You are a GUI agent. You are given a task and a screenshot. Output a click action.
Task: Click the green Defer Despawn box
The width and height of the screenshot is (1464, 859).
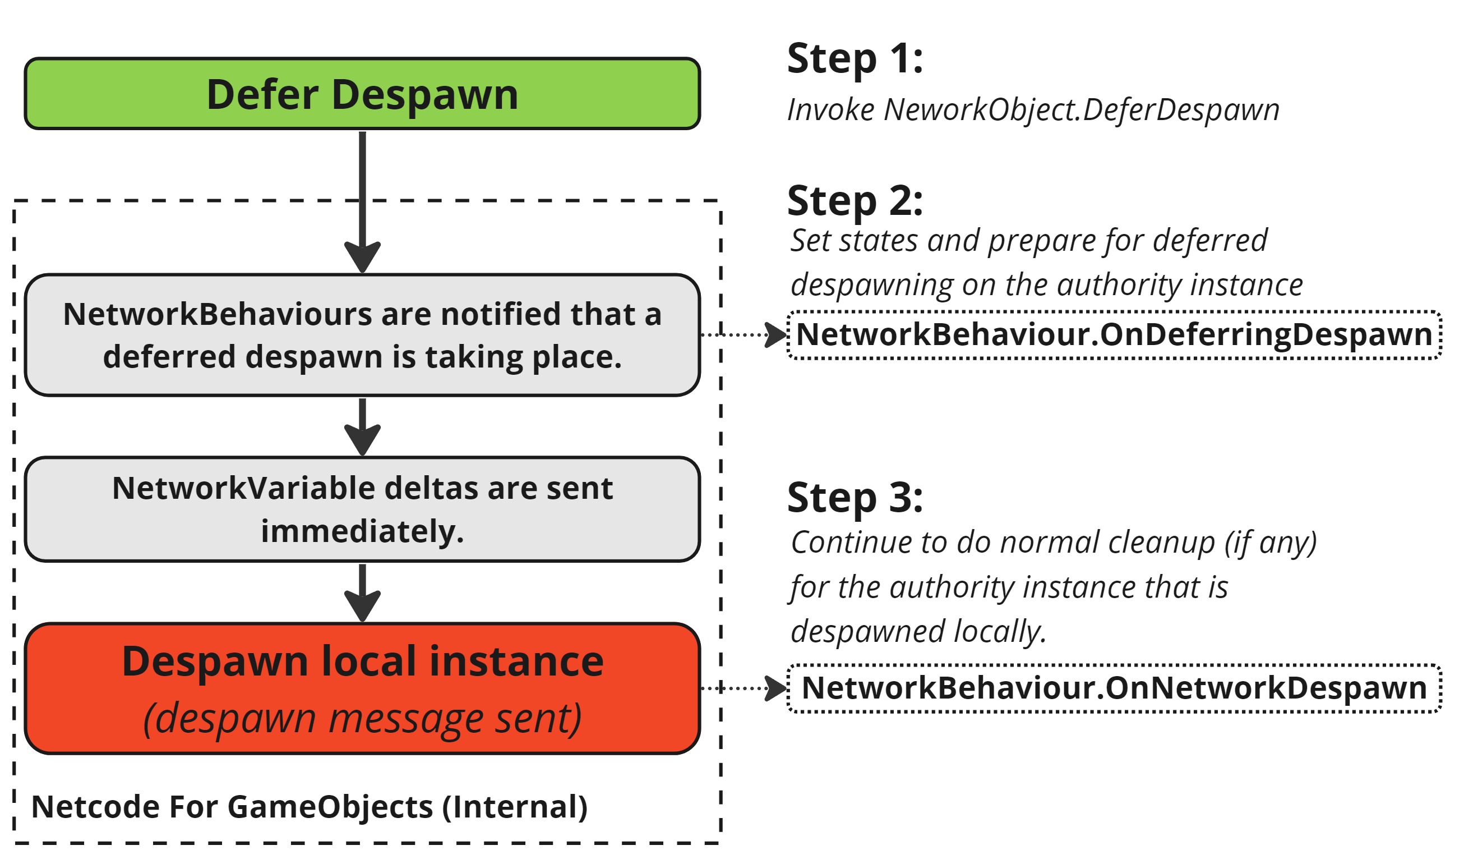coord(362,94)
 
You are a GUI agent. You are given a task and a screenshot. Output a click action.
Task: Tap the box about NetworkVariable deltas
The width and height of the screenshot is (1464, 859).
coord(362,509)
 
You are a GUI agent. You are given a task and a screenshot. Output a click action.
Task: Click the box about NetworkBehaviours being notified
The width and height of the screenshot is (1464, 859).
coord(362,336)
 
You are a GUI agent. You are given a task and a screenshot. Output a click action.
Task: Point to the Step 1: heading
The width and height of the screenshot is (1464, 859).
coord(855,59)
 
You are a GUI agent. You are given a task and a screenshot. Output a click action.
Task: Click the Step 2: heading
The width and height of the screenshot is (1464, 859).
coord(855,201)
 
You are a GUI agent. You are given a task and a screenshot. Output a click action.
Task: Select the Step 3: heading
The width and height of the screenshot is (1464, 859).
coord(855,498)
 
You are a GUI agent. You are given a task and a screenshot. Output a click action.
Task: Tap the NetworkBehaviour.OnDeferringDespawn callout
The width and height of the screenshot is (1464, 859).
coord(1114,336)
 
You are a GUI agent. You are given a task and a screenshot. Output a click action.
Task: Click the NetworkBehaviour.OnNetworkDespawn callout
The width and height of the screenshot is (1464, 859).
coord(1114,688)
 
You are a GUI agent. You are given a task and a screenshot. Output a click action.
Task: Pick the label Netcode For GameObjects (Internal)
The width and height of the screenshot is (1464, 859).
coord(309,807)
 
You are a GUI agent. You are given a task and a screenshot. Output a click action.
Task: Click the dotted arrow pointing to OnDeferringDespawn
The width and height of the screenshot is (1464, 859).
coord(743,336)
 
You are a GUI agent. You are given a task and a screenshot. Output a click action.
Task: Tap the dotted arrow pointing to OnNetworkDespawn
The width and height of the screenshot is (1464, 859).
coord(743,688)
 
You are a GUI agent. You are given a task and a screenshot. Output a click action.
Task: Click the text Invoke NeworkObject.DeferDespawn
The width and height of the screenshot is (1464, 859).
coord(1033,110)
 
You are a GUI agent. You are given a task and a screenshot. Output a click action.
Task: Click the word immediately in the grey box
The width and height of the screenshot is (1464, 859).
coord(362,531)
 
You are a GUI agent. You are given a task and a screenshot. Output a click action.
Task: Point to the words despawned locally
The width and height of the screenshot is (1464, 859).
coord(918,632)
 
